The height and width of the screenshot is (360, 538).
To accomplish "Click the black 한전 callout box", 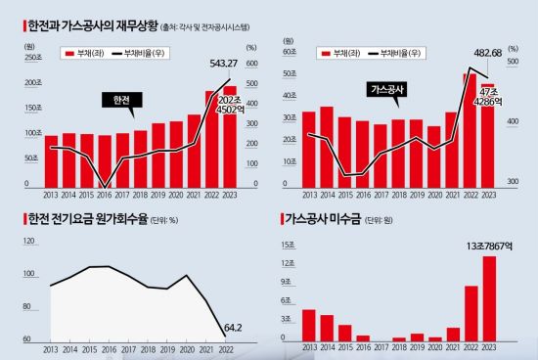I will point(123,99).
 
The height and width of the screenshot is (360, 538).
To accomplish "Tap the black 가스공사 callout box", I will point(388,89).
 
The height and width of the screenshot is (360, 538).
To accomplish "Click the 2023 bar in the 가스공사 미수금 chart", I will point(489,297).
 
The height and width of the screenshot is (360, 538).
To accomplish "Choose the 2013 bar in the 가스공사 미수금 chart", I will point(309,324).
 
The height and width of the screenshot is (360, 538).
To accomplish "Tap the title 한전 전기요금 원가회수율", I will point(83,219).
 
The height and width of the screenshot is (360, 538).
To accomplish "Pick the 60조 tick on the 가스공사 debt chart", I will point(289,51).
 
